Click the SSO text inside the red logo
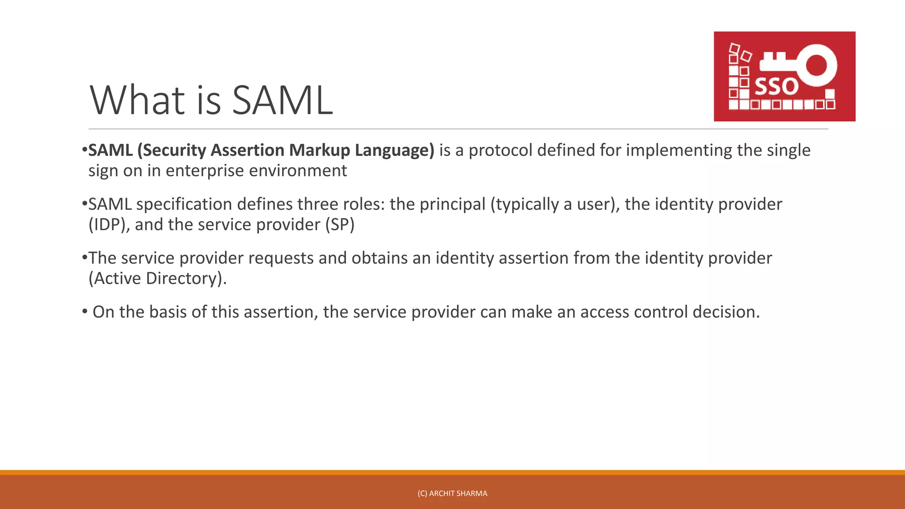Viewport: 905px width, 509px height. click(776, 87)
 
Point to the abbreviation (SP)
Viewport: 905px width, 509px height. click(340, 224)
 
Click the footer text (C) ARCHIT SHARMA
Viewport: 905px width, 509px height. click(452, 494)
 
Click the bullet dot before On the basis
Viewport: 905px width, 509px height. click(85, 311)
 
